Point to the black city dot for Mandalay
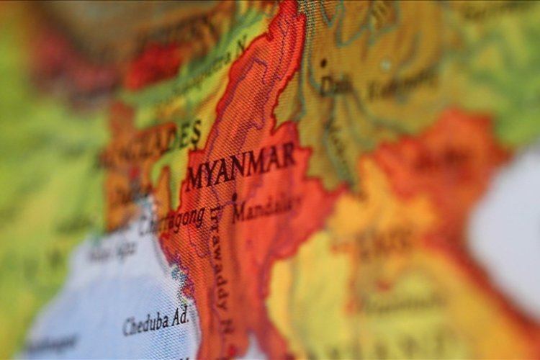click(235, 196)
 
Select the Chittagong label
click(171, 222)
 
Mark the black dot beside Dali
click(323, 63)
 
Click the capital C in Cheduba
click(127, 328)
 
